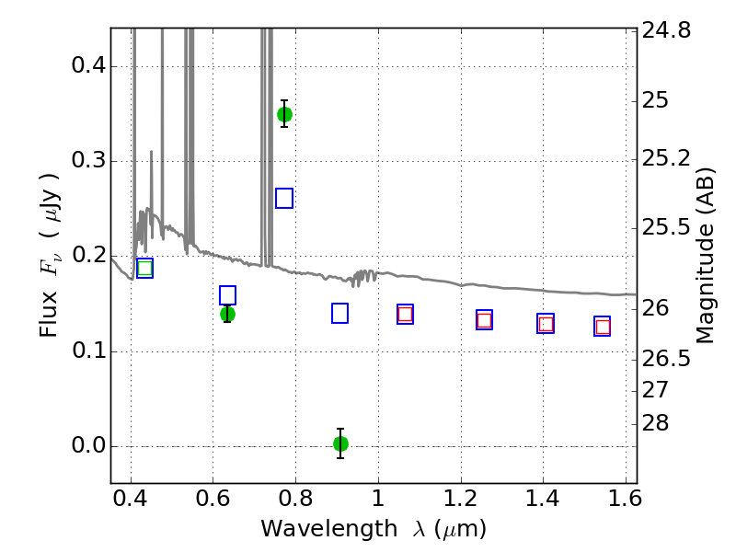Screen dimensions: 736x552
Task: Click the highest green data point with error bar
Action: pyautogui.click(x=284, y=114)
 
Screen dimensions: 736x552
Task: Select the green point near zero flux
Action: pyautogui.click(x=340, y=443)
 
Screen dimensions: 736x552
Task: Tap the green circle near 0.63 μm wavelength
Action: pyautogui.click(x=227, y=314)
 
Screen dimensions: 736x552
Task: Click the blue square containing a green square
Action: pyautogui.click(x=144, y=268)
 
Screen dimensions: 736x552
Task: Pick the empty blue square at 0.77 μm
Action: pyautogui.click(x=284, y=198)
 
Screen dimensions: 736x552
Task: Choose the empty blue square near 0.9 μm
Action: pyautogui.click(x=339, y=314)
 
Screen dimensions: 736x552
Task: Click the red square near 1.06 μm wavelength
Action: pyautogui.click(x=405, y=314)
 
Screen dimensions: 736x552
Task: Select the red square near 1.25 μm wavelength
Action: pyautogui.click(x=485, y=320)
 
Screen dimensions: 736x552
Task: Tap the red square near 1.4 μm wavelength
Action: pyautogui.click(x=546, y=324)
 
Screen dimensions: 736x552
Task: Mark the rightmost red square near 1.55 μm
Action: pyautogui.click(x=603, y=327)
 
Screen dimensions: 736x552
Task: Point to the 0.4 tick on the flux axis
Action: pyautogui.click(x=88, y=65)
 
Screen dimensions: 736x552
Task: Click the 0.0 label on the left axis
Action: pyautogui.click(x=88, y=445)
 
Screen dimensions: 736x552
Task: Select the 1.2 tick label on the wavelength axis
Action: pyautogui.click(x=461, y=499)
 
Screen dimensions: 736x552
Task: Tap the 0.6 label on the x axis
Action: pyautogui.click(x=213, y=499)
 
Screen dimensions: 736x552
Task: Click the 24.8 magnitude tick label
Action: pyautogui.click(x=666, y=31)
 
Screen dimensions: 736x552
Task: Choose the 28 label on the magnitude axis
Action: pyautogui.click(x=655, y=423)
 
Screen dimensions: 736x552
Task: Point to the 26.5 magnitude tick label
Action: pyautogui.click(x=666, y=359)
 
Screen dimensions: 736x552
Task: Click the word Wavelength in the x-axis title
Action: pyautogui.click(x=329, y=530)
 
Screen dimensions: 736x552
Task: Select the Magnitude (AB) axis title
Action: pyautogui.click(x=705, y=256)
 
